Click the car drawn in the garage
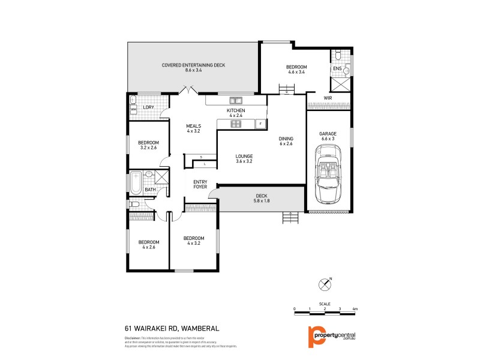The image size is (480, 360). point(328,176)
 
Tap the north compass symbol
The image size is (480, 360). point(325,283)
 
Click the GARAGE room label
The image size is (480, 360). point(328,133)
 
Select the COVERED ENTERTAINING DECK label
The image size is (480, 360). point(193,65)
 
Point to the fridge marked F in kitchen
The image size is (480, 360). point(260,124)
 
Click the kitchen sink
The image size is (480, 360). point(233,100)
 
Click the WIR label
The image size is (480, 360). point(328,97)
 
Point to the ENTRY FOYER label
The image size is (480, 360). point(200,184)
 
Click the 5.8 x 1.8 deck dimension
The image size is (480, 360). point(260,200)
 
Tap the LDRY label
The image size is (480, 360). point(148,107)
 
